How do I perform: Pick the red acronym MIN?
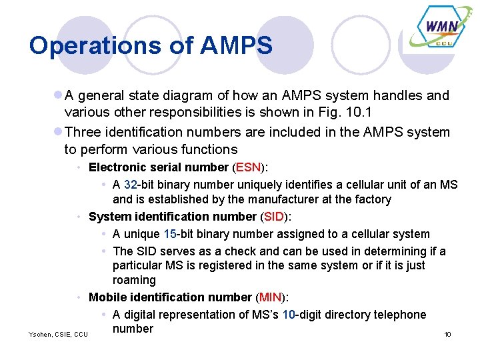click(271, 297)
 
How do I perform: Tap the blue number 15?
click(170, 234)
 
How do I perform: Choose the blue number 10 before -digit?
click(289, 315)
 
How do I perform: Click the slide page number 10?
click(447, 334)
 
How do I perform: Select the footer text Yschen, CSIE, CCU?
click(59, 334)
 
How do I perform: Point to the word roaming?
click(134, 280)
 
